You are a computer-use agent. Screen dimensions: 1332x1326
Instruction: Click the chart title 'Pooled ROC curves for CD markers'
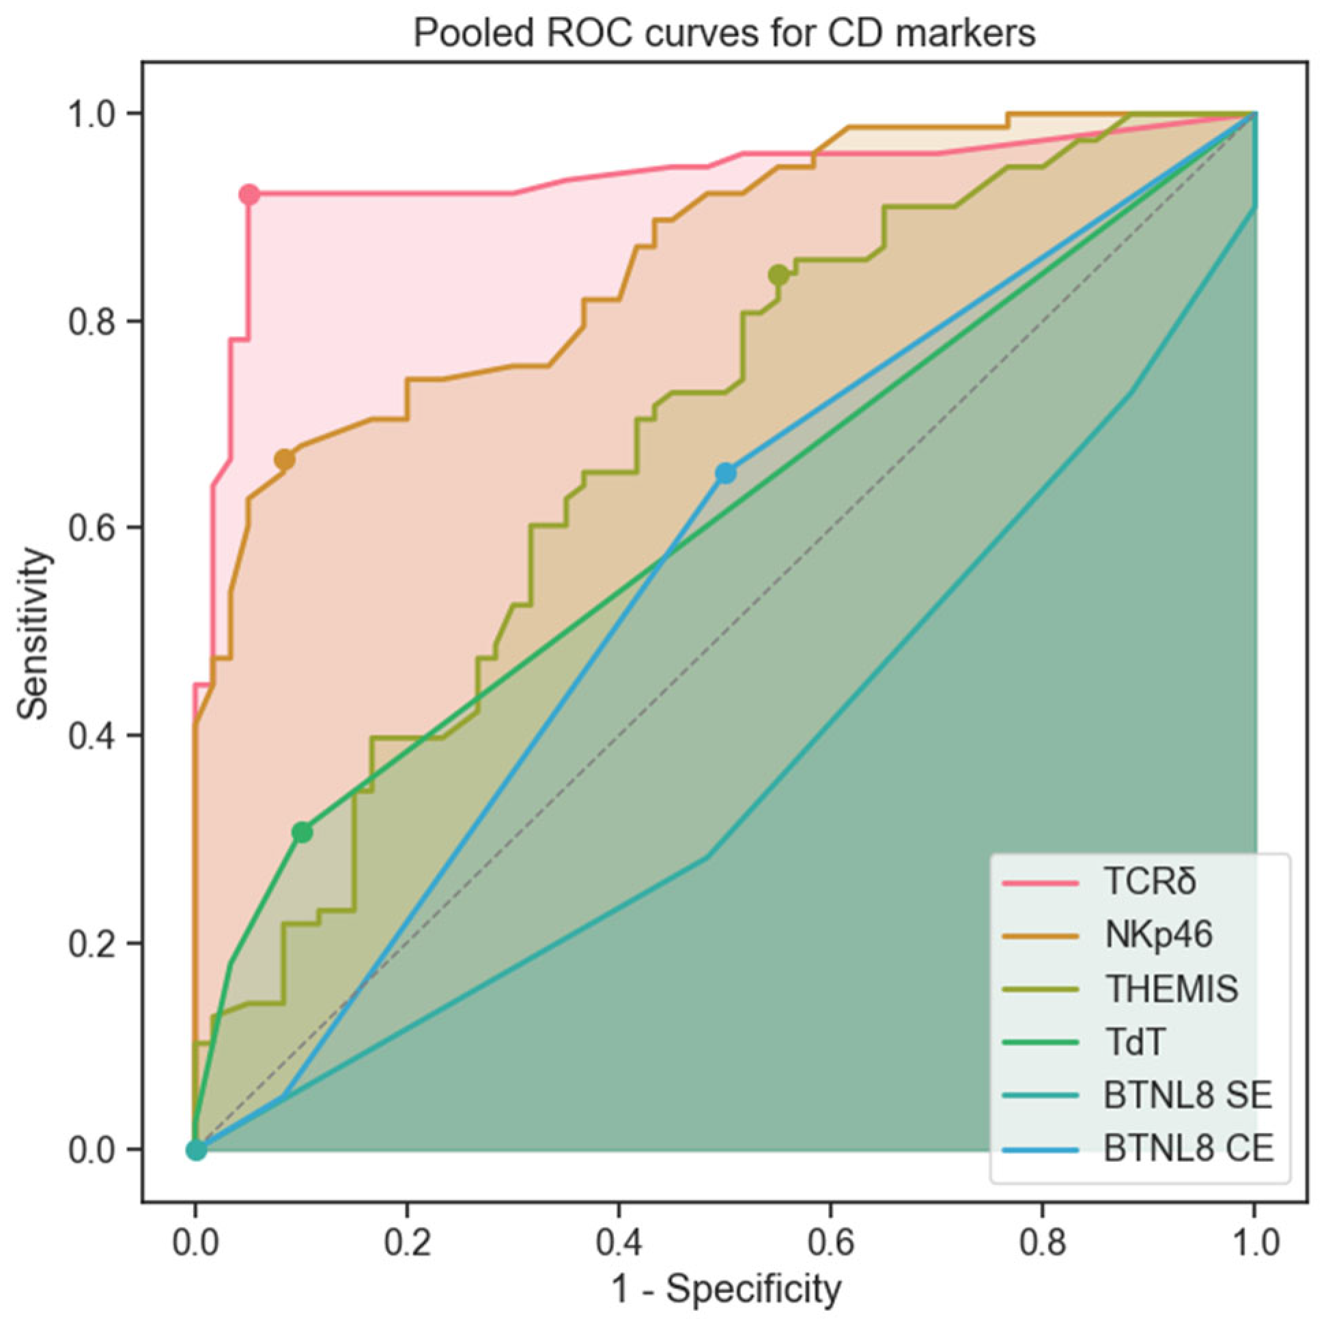[724, 33]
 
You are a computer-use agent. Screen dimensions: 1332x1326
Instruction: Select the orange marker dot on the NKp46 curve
[284, 459]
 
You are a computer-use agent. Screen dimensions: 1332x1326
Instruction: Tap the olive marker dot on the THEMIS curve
[778, 275]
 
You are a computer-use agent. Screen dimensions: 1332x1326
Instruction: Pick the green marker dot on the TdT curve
[302, 833]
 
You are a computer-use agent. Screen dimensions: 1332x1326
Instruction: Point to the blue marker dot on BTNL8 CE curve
[725, 473]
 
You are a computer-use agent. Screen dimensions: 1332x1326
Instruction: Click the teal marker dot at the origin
[197, 1150]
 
